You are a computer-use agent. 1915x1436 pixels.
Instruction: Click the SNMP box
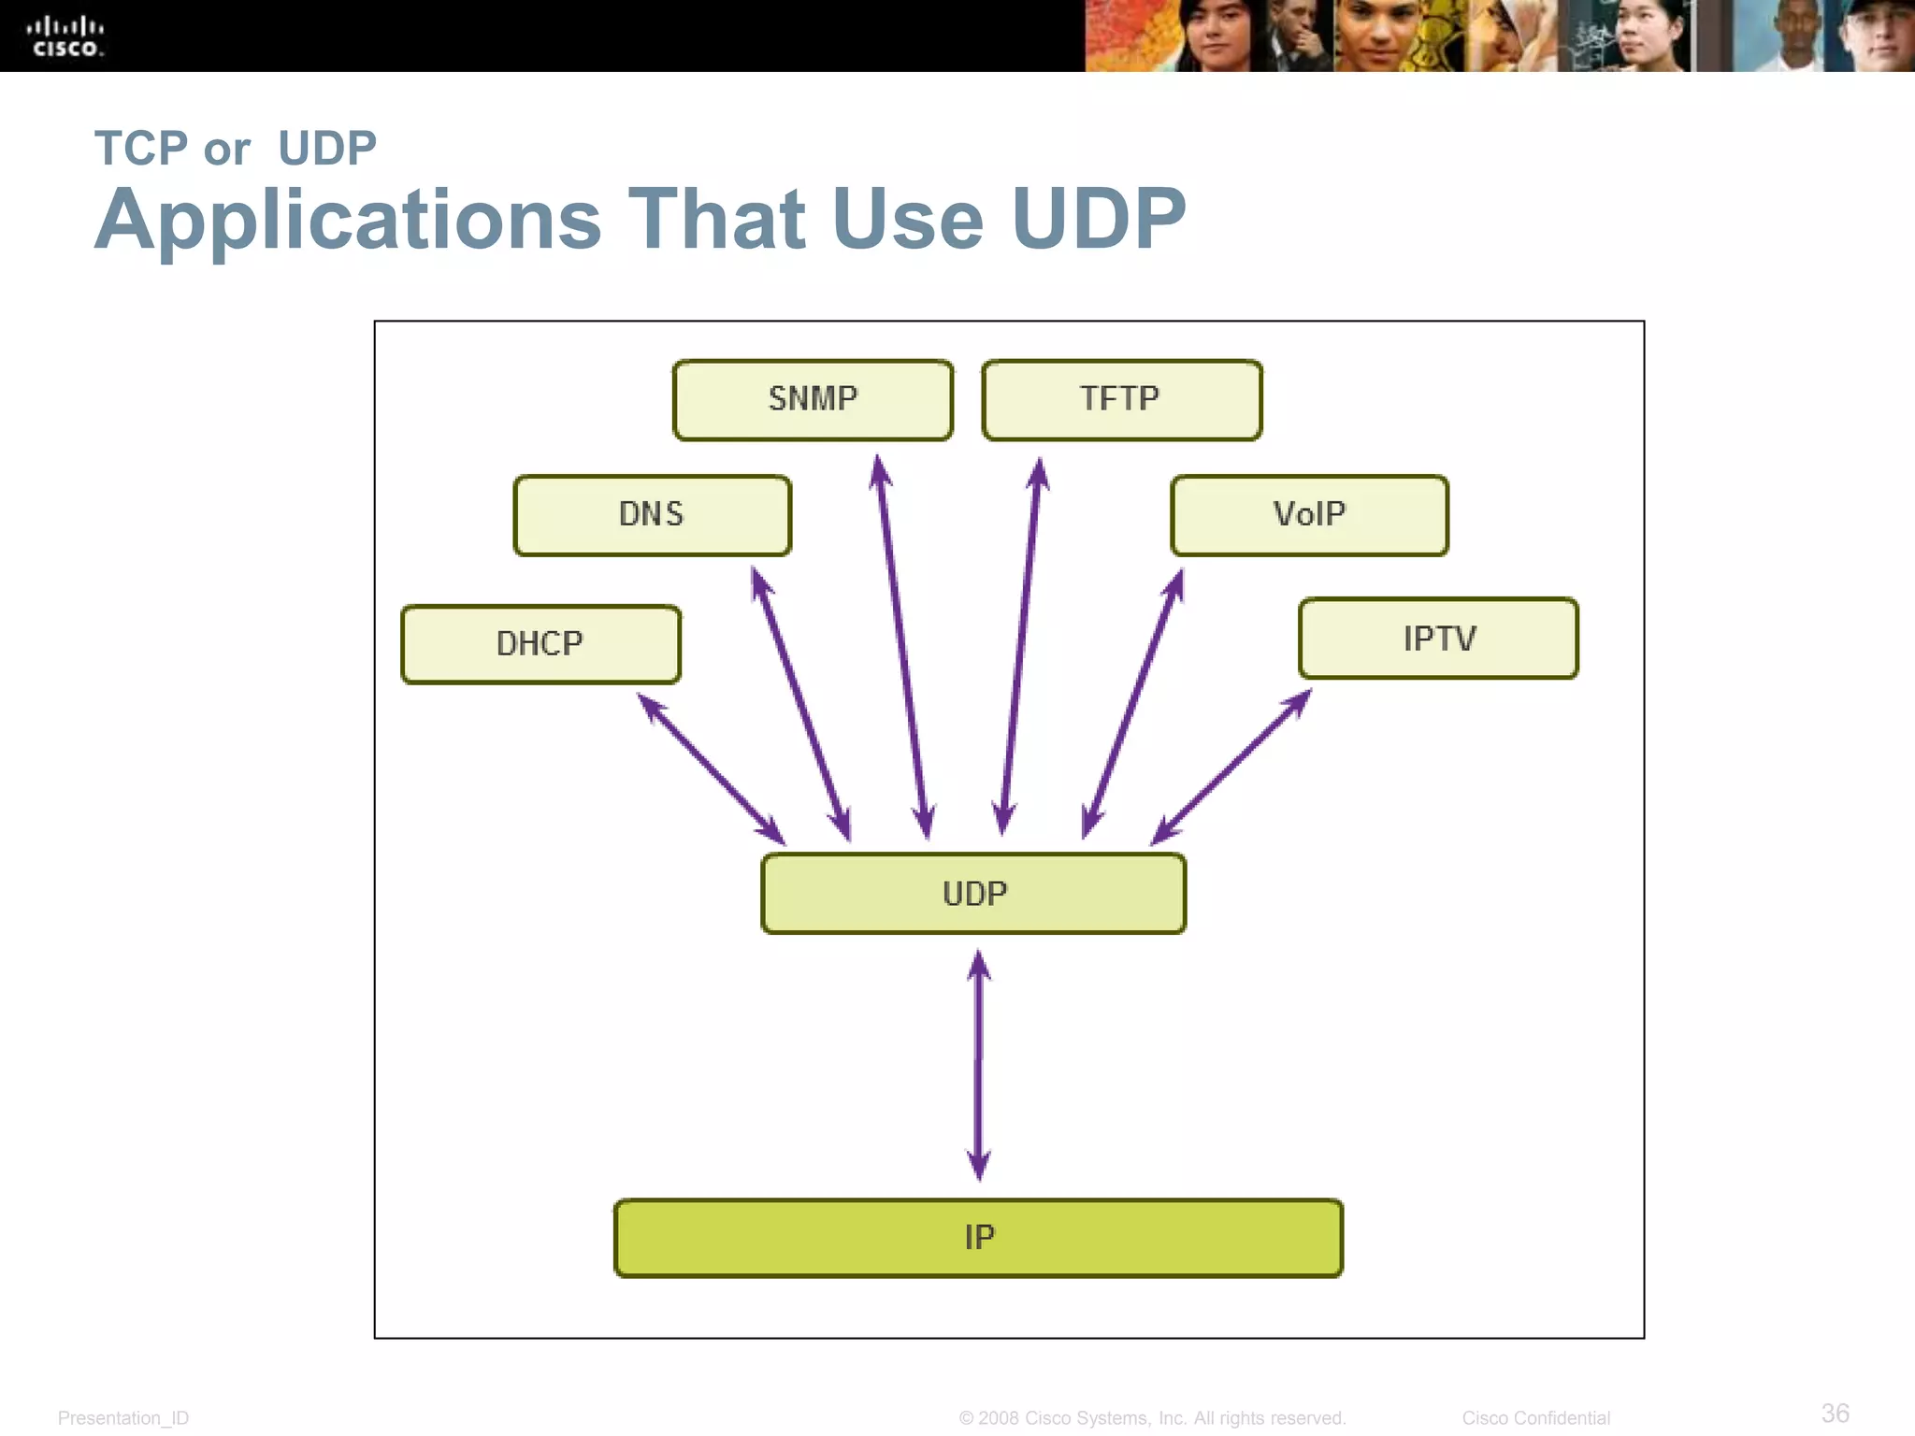coord(813,399)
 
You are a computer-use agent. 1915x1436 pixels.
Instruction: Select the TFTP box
coord(1121,399)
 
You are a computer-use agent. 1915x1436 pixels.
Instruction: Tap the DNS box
coord(652,515)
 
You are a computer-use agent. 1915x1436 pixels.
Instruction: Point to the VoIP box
coord(1309,515)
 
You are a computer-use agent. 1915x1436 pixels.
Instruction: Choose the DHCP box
coord(540,644)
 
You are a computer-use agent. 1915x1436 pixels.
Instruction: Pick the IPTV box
coord(1438,639)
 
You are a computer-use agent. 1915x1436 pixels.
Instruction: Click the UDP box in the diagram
coord(973,894)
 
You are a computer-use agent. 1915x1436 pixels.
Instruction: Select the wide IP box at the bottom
coord(978,1238)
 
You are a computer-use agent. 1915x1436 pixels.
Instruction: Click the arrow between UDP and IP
coord(978,1066)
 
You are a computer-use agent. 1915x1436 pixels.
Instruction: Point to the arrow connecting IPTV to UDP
coord(1231,768)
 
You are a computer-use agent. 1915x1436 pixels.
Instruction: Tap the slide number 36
coord(1835,1413)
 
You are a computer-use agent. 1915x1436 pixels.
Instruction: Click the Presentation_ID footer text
coord(123,1418)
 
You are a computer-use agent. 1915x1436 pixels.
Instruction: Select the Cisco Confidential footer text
coord(1535,1418)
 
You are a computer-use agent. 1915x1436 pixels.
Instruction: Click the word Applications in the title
coord(348,221)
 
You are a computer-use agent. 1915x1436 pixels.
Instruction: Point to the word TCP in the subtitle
coord(141,149)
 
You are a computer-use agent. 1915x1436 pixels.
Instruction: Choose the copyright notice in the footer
coord(1152,1418)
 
